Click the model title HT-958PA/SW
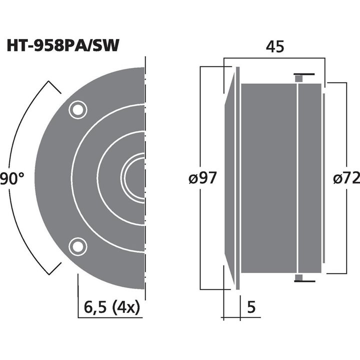(x=63, y=46)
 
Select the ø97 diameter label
(x=202, y=178)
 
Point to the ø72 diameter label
(x=345, y=178)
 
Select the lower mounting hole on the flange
(x=77, y=245)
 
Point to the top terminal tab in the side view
(x=299, y=77)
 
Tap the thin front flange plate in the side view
(x=238, y=178)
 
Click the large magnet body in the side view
(x=269, y=178)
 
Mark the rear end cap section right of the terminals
(x=310, y=178)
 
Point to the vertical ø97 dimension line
(x=200, y=125)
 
